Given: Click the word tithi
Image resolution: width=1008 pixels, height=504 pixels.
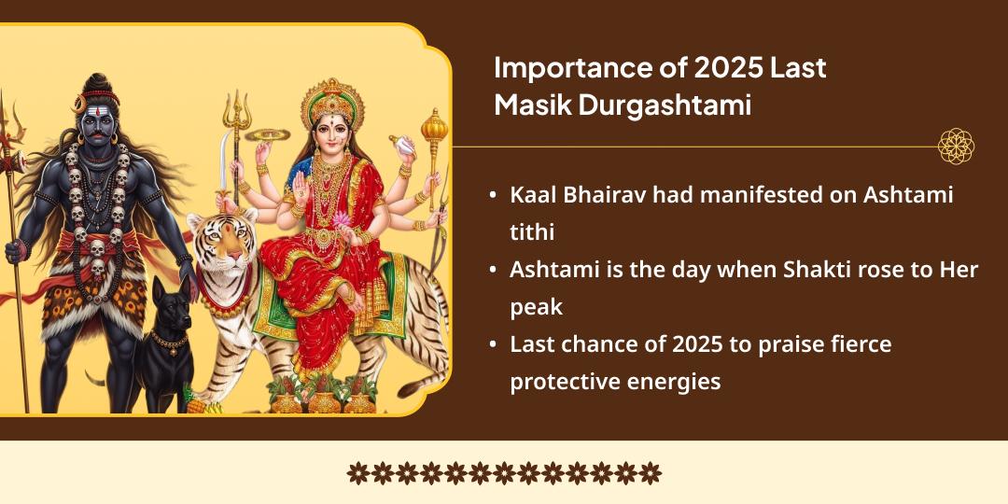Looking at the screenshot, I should tap(532, 232).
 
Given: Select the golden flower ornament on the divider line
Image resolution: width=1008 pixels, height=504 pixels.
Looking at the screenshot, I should tap(956, 147).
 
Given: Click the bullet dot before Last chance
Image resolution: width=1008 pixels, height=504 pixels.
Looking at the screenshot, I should tap(492, 344).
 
